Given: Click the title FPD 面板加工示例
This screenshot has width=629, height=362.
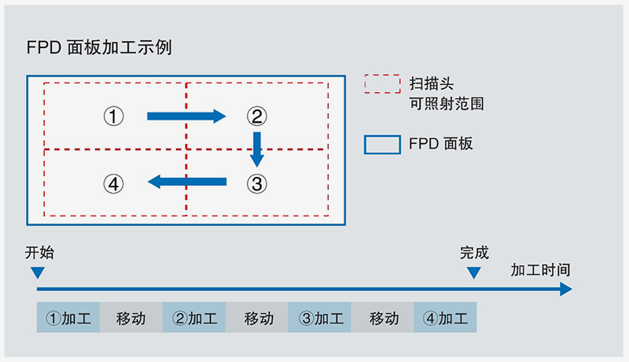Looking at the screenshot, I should [x=99, y=47].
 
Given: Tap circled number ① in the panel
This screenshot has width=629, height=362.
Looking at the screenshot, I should [x=114, y=116].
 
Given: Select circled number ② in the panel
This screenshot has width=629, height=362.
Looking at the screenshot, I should [x=256, y=116].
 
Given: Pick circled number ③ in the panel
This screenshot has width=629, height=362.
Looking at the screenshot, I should [x=256, y=184].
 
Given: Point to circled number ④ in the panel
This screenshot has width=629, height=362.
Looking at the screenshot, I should [x=114, y=184].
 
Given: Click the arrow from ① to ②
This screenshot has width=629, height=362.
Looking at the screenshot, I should [x=186, y=116].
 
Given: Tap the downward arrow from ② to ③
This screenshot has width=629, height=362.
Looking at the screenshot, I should [x=256, y=150].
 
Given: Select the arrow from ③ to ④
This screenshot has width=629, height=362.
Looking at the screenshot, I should [x=186, y=183].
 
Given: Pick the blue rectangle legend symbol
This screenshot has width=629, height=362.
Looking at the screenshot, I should [x=381, y=145].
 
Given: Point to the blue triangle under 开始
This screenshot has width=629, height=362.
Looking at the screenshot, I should [x=37, y=273].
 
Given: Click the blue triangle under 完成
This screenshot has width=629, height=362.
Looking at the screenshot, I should [x=473, y=273].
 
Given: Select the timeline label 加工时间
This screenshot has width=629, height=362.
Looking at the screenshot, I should [x=540, y=270].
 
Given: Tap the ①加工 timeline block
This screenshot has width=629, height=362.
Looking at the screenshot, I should [x=68, y=319].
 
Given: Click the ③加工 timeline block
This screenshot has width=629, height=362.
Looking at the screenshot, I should [x=320, y=319].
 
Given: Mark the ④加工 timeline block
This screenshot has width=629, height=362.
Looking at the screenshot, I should [x=445, y=319].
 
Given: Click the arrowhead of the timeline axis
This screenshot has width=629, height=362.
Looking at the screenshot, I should [x=565, y=290].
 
